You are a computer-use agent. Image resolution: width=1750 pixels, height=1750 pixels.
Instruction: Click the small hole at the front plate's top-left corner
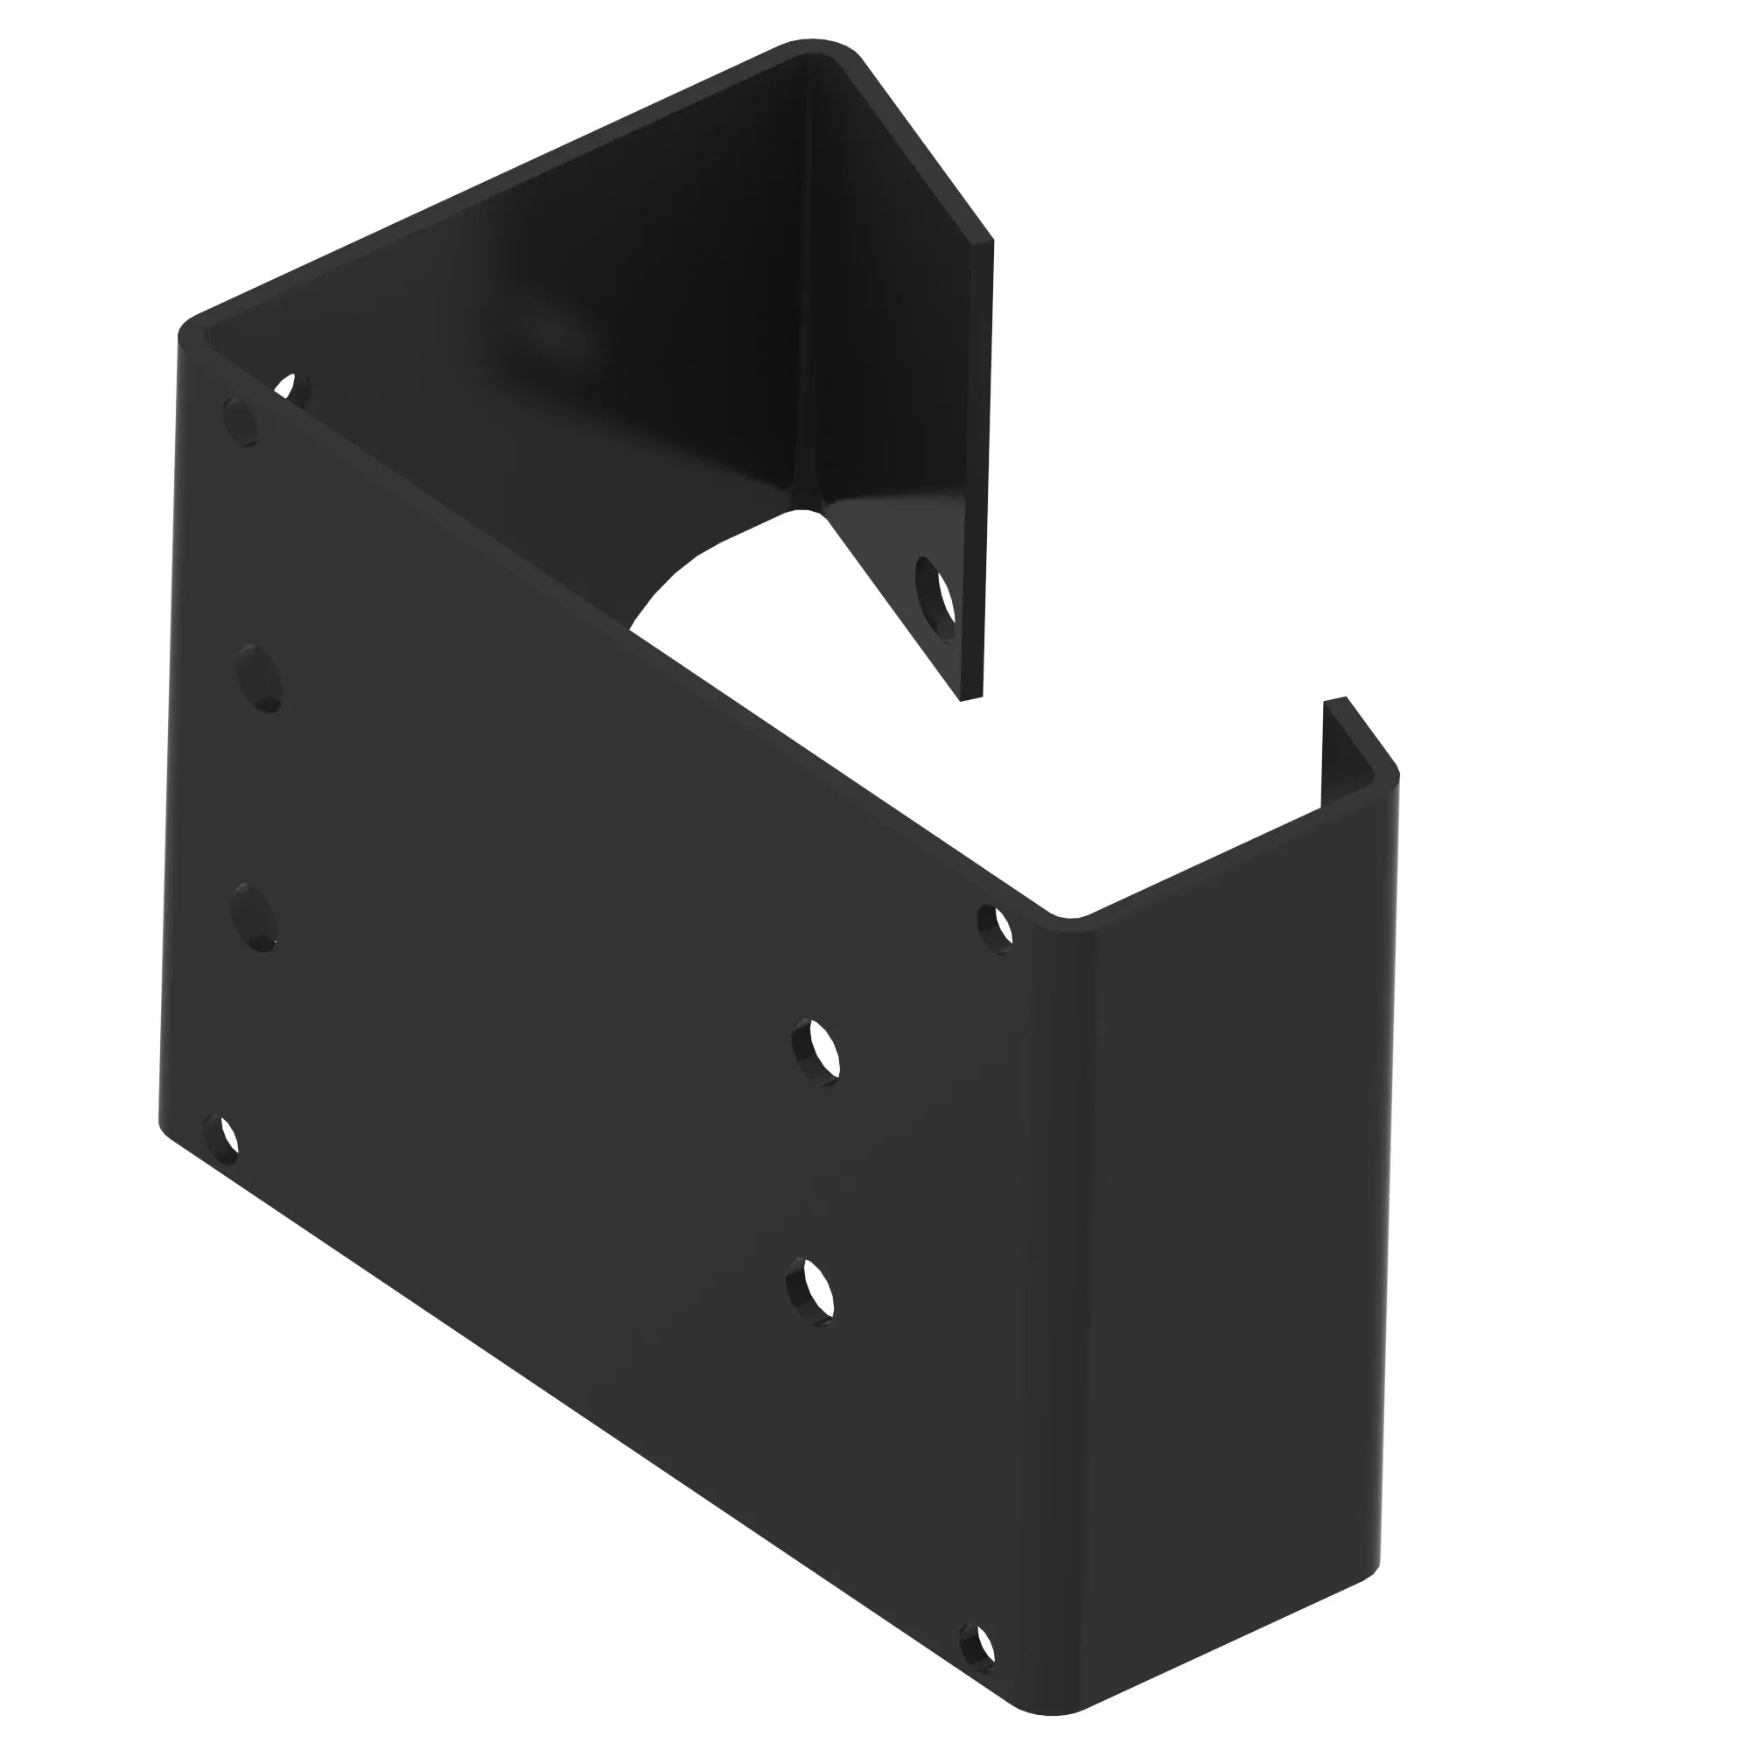(x=240, y=421)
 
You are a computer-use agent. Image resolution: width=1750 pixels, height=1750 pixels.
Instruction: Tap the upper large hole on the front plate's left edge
(x=259, y=678)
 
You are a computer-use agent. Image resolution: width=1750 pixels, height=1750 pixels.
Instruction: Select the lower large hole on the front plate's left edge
(x=253, y=918)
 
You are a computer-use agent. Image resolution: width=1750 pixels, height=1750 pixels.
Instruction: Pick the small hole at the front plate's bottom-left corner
(x=222, y=1140)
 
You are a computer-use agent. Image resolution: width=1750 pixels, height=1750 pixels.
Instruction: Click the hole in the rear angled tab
(x=935, y=598)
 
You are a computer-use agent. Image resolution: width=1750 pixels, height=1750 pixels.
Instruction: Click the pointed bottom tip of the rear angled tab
(x=970, y=698)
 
